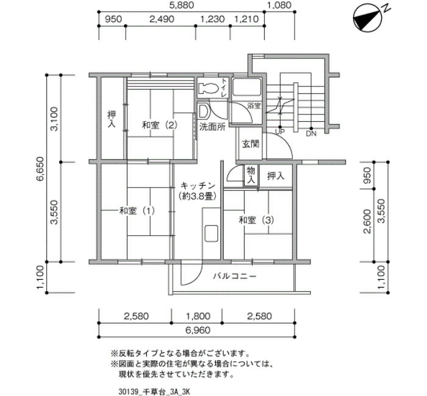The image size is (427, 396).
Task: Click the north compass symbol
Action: click(368, 18)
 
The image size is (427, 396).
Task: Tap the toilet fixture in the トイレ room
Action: click(209, 88)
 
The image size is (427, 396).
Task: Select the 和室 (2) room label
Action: click(160, 126)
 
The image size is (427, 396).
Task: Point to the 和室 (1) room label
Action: click(137, 211)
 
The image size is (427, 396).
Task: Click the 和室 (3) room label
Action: click(256, 220)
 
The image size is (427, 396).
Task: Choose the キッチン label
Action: click(198, 186)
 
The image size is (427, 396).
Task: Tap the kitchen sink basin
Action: click(211, 233)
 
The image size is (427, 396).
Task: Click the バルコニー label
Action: click(234, 277)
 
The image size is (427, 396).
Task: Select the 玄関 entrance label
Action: click(251, 144)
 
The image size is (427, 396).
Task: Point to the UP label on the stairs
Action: click(280, 132)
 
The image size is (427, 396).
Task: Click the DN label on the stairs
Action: click(311, 133)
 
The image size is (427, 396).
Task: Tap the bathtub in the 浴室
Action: click(246, 87)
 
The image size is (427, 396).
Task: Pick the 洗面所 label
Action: click(212, 127)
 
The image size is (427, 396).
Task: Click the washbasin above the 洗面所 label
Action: click(203, 111)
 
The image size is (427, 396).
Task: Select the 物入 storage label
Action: click(251, 175)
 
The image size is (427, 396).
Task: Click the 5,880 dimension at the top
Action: click(181, 5)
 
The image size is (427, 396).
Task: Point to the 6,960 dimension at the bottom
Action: click(198, 330)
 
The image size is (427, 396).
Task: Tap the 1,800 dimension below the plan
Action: click(198, 316)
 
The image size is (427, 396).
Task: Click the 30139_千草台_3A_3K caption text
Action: click(154, 392)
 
